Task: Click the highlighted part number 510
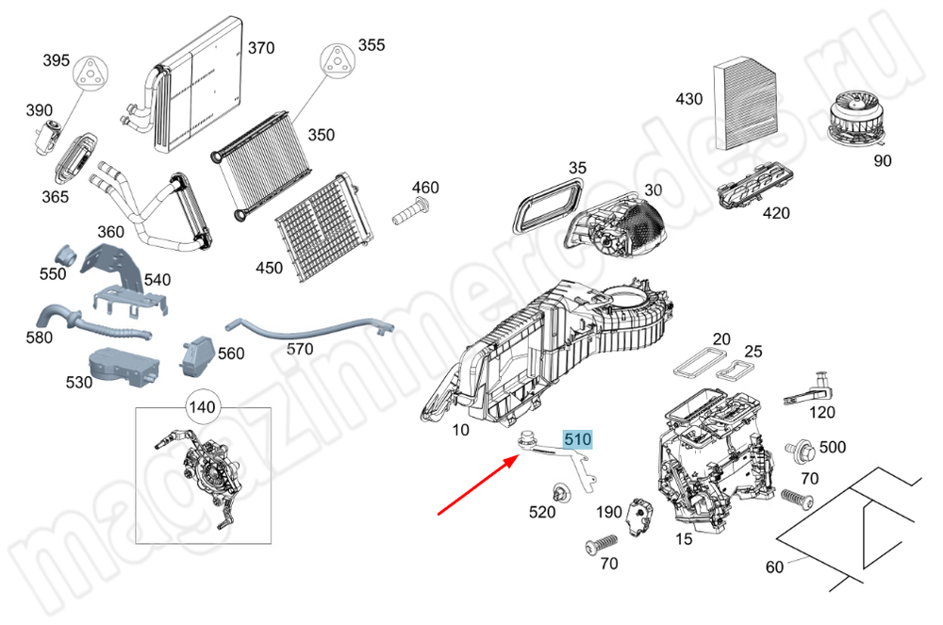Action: click(577, 438)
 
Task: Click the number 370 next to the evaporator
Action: click(261, 48)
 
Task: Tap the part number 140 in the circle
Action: click(203, 408)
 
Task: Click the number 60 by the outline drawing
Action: click(775, 567)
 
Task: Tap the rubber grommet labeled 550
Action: click(66, 255)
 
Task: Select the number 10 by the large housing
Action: click(460, 431)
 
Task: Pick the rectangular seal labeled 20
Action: click(697, 362)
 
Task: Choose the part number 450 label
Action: click(269, 268)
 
